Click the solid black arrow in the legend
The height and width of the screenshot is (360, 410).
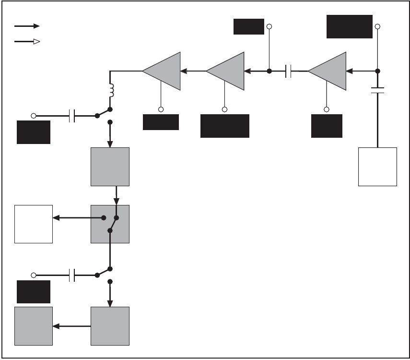(x=26, y=26)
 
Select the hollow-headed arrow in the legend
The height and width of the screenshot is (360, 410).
(x=26, y=42)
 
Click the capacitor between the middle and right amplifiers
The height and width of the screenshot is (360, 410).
(x=289, y=72)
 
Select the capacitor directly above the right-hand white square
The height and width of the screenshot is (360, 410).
(x=377, y=90)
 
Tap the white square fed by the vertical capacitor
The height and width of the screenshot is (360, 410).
(x=377, y=167)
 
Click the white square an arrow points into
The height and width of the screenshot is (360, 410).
(x=34, y=224)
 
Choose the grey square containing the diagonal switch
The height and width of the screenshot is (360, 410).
(x=110, y=224)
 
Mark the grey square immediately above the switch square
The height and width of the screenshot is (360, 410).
(x=110, y=167)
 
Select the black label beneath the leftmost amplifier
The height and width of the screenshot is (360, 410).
(x=161, y=122)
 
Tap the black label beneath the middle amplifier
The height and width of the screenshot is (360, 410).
(x=224, y=126)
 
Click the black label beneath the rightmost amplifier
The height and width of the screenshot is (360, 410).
(x=327, y=126)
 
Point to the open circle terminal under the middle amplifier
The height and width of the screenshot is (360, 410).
(x=224, y=109)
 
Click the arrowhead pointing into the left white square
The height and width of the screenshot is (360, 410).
(x=56, y=218)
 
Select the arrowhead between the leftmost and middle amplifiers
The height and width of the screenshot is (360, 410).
(x=184, y=72)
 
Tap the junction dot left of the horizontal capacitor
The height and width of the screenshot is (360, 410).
(x=269, y=71)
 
